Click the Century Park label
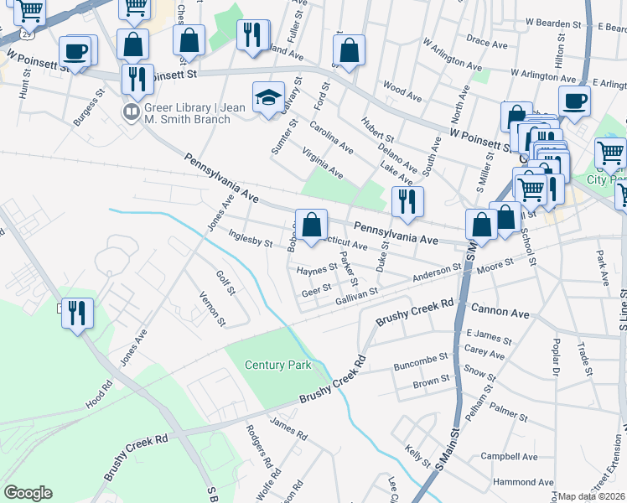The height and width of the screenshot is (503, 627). pyautogui.click(x=277, y=365)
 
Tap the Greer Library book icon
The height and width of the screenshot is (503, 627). pyautogui.click(x=132, y=112)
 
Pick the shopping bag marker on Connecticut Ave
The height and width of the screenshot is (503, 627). pyautogui.click(x=311, y=225)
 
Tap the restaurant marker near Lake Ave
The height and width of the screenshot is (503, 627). pyautogui.click(x=407, y=201)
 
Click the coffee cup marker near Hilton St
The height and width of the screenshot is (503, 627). pyautogui.click(x=575, y=101)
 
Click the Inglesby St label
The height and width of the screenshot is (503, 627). pyautogui.click(x=251, y=239)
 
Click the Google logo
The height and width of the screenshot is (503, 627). pyautogui.click(x=28, y=493)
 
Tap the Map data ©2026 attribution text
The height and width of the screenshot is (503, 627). pyautogui.click(x=591, y=496)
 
